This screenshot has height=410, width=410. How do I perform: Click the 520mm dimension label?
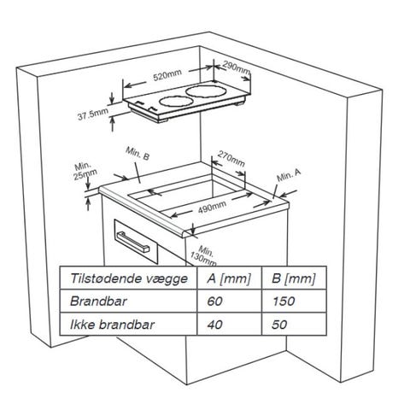coord(167,75)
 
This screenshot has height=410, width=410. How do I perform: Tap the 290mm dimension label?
coord(237,68)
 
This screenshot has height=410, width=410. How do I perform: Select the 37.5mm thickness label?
coord(93,114)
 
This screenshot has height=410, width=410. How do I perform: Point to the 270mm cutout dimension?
coord(231,159)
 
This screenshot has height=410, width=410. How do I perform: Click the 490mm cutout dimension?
coord(212,207)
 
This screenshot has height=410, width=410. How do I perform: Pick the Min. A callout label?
coord(289,175)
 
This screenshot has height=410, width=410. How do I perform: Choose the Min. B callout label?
coord(138,154)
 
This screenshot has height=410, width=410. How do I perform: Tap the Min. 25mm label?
coord(85,172)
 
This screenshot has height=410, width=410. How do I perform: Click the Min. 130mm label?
coord(204,255)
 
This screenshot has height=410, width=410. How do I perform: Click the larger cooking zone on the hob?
coord(206,92)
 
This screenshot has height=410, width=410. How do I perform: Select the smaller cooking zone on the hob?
coord(176,102)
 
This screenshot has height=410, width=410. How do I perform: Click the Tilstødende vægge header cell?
coord(129,278)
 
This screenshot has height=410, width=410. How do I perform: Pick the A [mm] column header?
coord(229,278)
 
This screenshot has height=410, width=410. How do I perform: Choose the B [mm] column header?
coord(294,278)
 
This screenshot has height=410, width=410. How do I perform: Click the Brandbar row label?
coord(98,302)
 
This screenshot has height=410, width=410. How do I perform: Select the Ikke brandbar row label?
coord(112,325)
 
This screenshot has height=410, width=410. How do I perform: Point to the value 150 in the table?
coord(284,302)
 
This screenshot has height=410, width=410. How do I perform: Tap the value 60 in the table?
coord(215,302)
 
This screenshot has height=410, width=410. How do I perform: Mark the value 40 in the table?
coord(215,325)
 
